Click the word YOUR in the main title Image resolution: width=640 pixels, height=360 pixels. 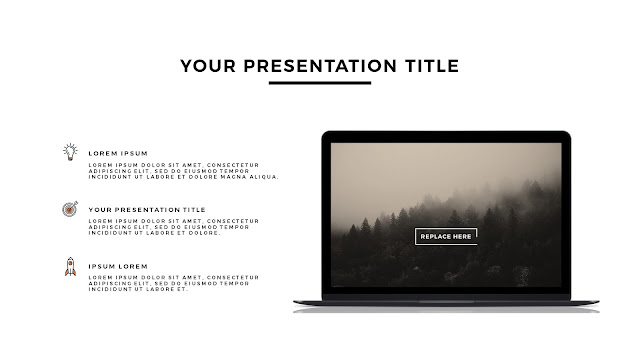[208, 66]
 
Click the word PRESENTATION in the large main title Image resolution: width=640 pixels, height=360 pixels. [320, 66]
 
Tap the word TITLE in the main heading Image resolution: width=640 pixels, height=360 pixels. [432, 66]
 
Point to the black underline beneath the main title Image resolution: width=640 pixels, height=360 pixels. [320, 83]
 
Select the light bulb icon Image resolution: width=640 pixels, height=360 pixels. [70, 152]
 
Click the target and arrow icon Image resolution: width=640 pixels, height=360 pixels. [70, 209]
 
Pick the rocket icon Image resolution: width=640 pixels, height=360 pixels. [70, 267]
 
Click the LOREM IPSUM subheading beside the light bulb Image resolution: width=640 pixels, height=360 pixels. [118, 153]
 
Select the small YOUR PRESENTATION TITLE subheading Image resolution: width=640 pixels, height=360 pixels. [147, 210]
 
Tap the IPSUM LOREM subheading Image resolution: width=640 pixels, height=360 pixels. [118, 267]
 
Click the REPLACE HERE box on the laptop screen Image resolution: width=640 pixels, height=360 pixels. [446, 236]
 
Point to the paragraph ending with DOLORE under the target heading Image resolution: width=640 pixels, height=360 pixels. [173, 227]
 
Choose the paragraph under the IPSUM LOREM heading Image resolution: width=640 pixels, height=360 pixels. [173, 283]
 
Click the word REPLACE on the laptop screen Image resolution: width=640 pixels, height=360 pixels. [435, 237]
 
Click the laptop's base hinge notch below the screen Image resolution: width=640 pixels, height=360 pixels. [446, 302]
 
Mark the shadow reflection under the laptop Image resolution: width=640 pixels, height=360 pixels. [446, 310]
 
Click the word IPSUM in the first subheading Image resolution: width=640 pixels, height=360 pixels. [134, 153]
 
